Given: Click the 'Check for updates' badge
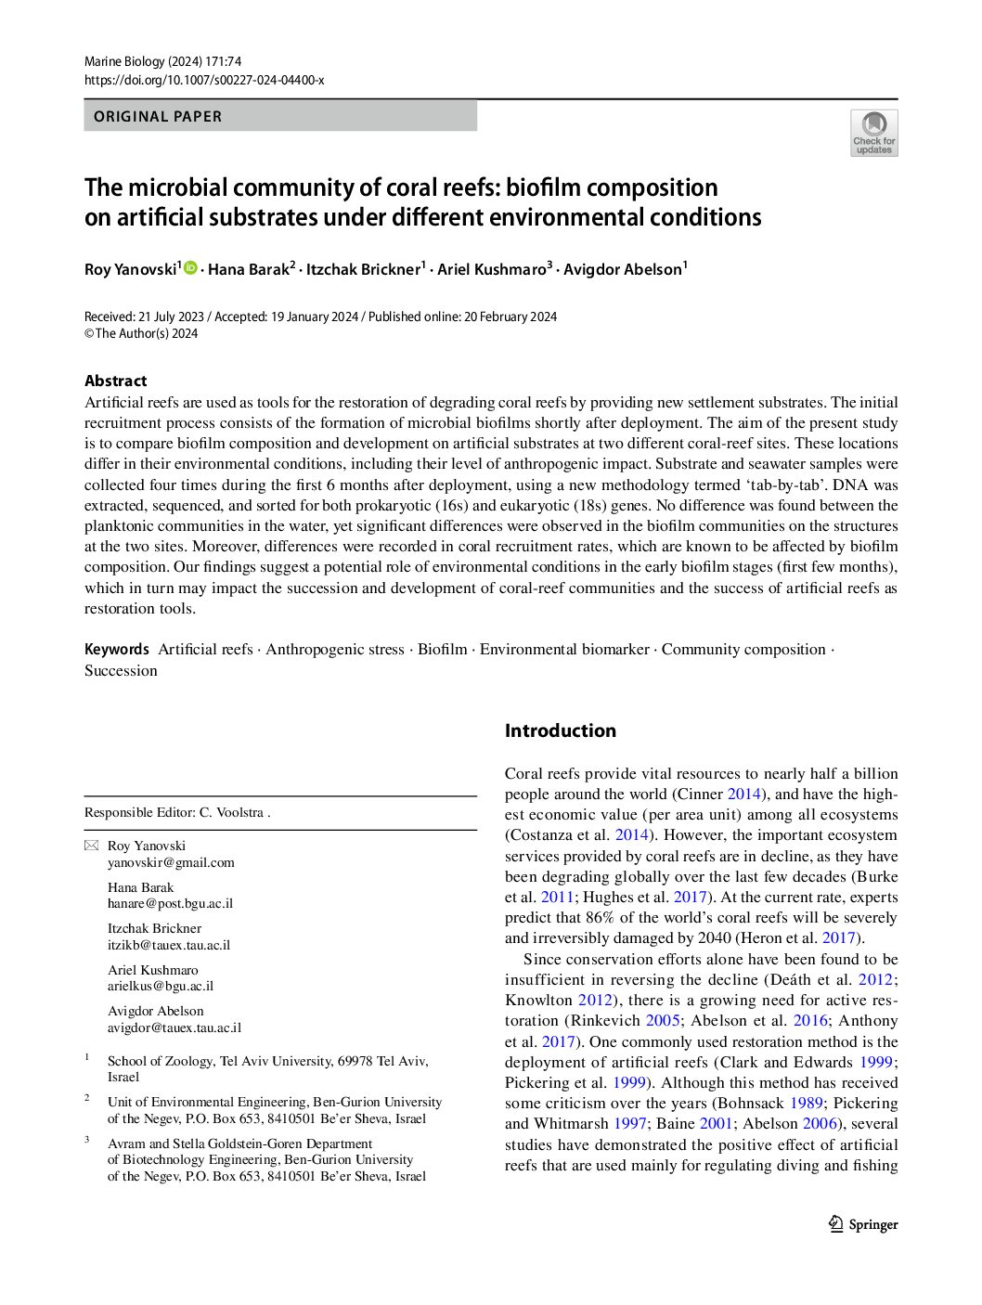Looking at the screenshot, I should point(873,133).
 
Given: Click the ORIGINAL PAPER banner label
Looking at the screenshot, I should point(158,117).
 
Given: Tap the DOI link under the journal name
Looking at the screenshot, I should point(204,80).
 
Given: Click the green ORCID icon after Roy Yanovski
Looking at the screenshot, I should point(191,268).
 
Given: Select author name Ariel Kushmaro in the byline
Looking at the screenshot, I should point(492,270).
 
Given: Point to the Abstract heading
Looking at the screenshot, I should point(115,381).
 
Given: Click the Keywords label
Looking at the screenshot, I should point(116,650).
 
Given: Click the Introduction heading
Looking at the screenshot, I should point(560,730).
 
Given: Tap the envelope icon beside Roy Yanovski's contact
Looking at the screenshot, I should point(91,846).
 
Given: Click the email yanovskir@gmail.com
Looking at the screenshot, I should point(171,862).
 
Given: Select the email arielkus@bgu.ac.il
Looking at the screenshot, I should point(161,986).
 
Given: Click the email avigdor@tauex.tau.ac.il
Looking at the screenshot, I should point(174,1027).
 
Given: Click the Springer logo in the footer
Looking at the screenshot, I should point(863,1224).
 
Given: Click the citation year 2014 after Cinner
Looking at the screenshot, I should point(744,794).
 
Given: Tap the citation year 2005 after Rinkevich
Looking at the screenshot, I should point(664,1020).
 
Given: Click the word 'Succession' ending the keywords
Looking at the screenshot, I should point(121,671).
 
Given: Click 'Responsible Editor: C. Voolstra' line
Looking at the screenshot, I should point(176,813).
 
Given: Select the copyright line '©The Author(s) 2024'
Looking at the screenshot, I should point(141,333).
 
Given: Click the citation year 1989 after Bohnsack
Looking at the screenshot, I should point(807,1103).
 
